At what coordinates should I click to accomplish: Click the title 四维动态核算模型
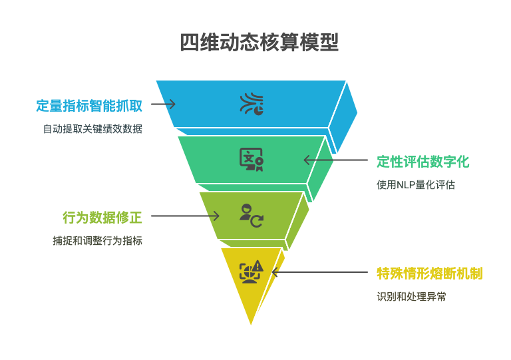(x=259, y=43)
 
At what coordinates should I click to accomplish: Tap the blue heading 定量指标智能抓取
(x=89, y=106)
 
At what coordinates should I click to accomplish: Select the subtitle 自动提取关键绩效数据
(x=93, y=128)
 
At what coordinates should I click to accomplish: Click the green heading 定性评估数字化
(x=423, y=162)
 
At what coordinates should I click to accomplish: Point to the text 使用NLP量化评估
(x=416, y=185)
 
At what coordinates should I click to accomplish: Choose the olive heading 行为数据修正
(x=102, y=218)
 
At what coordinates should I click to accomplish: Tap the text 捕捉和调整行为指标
(x=98, y=241)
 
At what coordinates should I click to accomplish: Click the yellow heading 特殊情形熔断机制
(x=430, y=273)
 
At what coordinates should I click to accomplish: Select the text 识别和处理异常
(x=411, y=297)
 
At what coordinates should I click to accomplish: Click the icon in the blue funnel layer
(x=252, y=104)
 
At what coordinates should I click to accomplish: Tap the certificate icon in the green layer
(x=252, y=160)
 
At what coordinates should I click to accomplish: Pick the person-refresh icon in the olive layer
(x=252, y=216)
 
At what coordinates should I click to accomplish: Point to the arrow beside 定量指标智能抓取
(x=163, y=104)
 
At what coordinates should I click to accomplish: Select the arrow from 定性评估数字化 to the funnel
(x=335, y=160)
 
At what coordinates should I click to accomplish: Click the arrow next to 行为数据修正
(x=185, y=216)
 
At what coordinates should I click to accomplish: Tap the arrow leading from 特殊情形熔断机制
(x=319, y=272)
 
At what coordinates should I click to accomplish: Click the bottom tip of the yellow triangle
(x=251, y=325)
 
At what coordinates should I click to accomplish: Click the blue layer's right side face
(x=342, y=117)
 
